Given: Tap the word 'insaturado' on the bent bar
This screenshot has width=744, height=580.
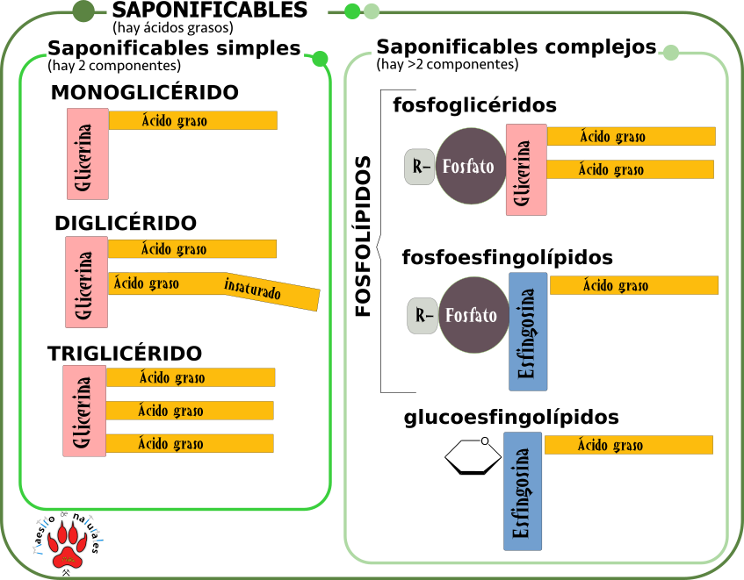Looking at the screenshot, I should pyautogui.click(x=253, y=288).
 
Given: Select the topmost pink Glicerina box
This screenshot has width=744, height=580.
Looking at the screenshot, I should pyautogui.click(x=87, y=154).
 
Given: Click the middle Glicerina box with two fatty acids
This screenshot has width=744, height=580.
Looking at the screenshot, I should pyautogui.click(x=86, y=282).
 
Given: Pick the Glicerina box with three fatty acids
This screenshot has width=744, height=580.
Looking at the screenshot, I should pyautogui.click(x=84, y=411).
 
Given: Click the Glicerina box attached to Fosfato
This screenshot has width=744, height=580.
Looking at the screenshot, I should pyautogui.click(x=526, y=169).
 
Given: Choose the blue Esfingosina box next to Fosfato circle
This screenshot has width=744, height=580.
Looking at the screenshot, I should pyautogui.click(x=528, y=331).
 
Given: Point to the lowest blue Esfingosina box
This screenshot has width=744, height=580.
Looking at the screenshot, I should pyautogui.click(x=523, y=491).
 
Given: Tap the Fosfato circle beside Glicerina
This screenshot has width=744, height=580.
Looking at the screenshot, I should pyautogui.click(x=471, y=167).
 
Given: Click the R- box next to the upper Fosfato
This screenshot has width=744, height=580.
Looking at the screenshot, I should pyautogui.click(x=420, y=167).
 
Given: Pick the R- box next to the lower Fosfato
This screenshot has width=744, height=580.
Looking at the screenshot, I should pyautogui.click(x=423, y=316).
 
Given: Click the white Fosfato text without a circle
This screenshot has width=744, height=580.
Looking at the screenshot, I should pyautogui.click(x=466, y=476).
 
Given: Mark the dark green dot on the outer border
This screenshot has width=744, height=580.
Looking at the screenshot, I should pyautogui.click(x=83, y=11).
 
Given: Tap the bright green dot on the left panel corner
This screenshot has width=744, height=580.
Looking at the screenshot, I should pyautogui.click(x=320, y=59).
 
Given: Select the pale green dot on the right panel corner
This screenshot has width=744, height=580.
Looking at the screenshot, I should pyautogui.click(x=671, y=53).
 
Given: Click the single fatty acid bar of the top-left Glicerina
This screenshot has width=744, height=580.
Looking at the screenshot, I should pyautogui.click(x=192, y=120).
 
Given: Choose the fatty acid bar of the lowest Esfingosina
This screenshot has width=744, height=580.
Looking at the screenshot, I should pyautogui.click(x=628, y=445).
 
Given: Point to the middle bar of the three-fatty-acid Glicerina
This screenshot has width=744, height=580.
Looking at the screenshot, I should pyautogui.click(x=190, y=411).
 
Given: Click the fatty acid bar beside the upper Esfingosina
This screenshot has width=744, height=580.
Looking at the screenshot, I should pyautogui.click(x=633, y=285).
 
